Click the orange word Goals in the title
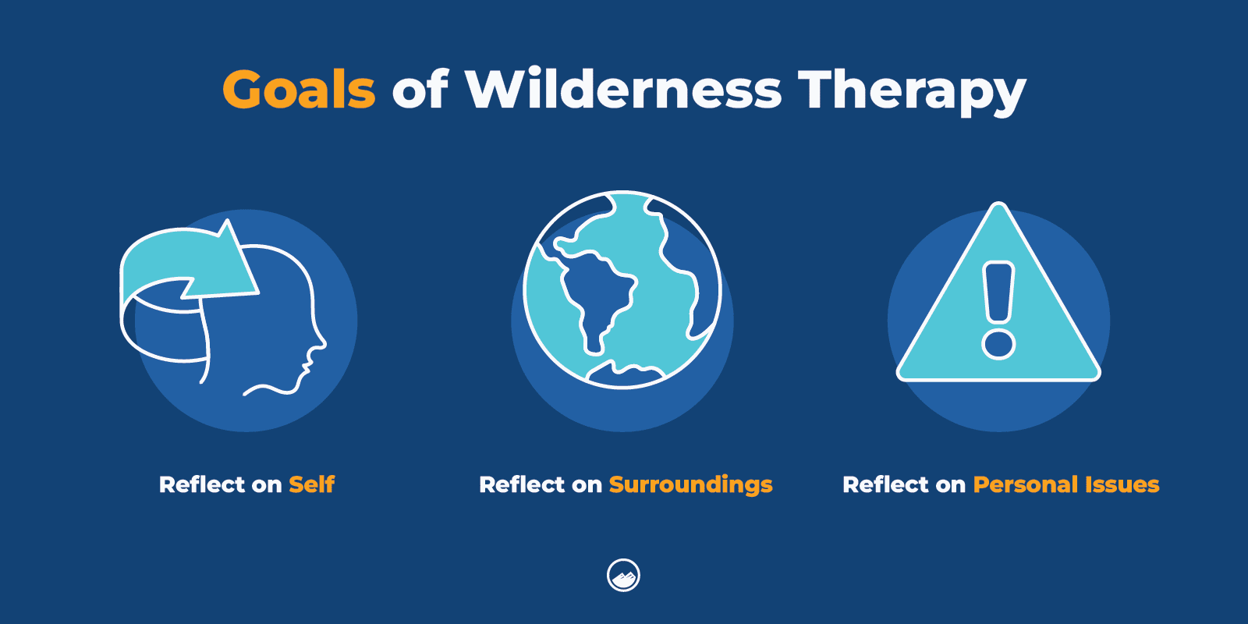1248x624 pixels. pyautogui.click(x=299, y=90)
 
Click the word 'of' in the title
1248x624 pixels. pyautogui.click(x=420, y=89)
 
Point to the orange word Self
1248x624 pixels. pyautogui.click(x=311, y=484)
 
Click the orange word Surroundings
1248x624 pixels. pyautogui.click(x=690, y=485)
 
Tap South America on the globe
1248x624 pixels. pyautogui.click(x=597, y=296)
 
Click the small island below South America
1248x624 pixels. pyautogui.click(x=624, y=375)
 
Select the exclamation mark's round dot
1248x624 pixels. pyautogui.click(x=998, y=342)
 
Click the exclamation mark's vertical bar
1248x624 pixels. pyautogui.click(x=998, y=292)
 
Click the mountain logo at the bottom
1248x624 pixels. pyautogui.click(x=623, y=576)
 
